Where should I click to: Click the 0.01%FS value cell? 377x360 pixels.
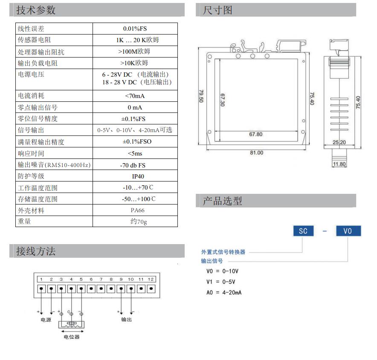click(x=135, y=29)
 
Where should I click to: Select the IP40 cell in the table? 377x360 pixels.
click(x=138, y=176)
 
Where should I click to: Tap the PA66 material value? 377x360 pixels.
click(x=137, y=210)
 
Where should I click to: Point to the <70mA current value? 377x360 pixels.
click(x=135, y=96)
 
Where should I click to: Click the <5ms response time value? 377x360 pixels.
click(x=135, y=153)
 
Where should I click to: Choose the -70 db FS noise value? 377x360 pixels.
click(x=133, y=165)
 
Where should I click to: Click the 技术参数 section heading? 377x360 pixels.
click(x=36, y=10)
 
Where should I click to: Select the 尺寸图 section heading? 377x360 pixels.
click(x=217, y=10)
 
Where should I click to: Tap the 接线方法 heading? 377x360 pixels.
click(x=36, y=251)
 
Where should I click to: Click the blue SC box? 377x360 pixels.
click(x=303, y=231)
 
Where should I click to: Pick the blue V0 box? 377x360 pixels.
click(x=348, y=231)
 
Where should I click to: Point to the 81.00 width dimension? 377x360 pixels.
click(x=257, y=153)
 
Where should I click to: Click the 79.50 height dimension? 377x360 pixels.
click(x=201, y=96)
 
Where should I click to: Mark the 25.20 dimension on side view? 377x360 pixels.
click(x=339, y=142)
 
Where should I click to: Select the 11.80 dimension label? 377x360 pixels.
click(x=339, y=164)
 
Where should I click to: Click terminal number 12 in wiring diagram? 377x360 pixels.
click(x=151, y=279)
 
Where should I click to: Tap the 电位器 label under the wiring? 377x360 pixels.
click(x=72, y=337)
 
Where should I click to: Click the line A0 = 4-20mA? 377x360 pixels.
click(x=224, y=293)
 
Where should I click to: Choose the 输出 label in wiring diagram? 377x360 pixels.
click(x=127, y=320)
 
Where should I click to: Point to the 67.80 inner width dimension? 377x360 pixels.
click(x=255, y=134)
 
